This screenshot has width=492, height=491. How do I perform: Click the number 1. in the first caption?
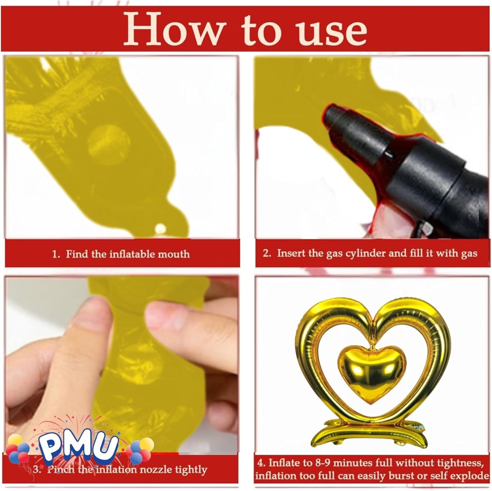56,254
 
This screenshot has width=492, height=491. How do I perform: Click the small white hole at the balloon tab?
160,228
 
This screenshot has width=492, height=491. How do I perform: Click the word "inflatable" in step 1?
131,254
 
